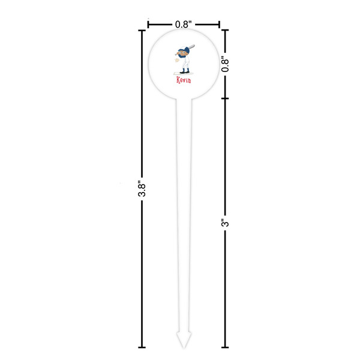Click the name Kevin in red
pyautogui.click(x=184, y=80)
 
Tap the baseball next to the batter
pyautogui.click(x=177, y=61)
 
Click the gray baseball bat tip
pyautogui.click(x=194, y=46)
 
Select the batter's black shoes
pyautogui.click(x=185, y=72)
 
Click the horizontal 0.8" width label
pyautogui.click(x=183, y=25)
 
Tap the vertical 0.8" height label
pyautogui.click(x=225, y=64)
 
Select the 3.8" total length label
pyautogui.click(x=142, y=190)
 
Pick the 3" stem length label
pyautogui.click(x=225, y=223)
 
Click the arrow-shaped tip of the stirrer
pyautogui.click(x=184, y=340)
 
